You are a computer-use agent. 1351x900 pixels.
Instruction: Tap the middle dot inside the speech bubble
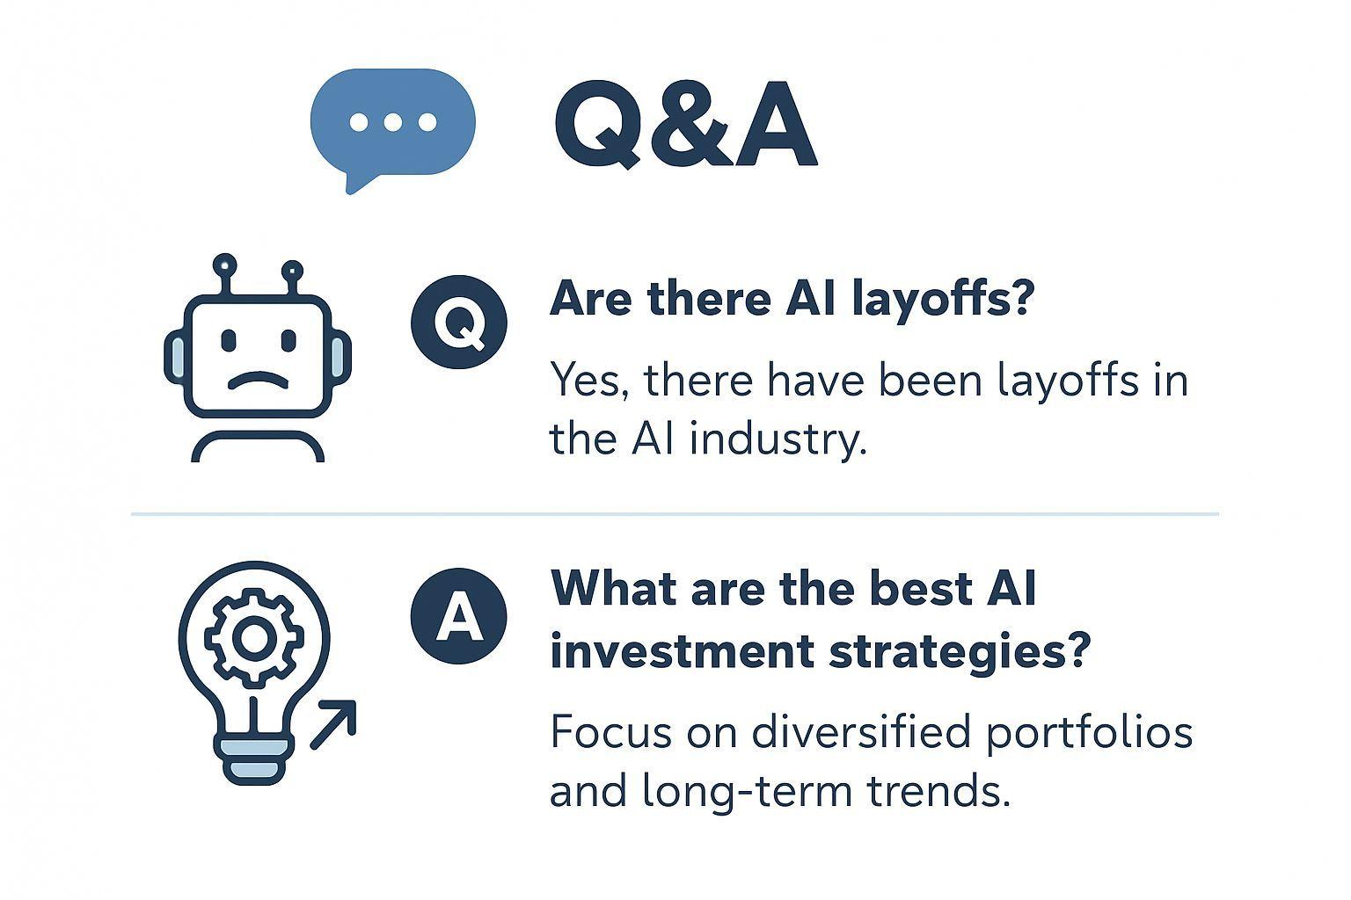(392, 122)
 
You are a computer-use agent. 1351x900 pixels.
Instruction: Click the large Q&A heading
(686, 124)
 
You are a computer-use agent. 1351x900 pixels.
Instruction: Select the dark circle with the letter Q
(459, 322)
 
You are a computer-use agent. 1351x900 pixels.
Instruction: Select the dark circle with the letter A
(459, 615)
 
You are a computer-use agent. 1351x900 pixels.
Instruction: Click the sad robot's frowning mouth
(258, 379)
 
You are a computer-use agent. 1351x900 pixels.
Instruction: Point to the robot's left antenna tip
(225, 265)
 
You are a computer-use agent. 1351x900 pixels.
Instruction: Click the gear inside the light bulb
(254, 638)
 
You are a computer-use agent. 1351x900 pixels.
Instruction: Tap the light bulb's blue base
(254, 761)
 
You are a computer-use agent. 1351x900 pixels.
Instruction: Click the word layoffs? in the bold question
(943, 300)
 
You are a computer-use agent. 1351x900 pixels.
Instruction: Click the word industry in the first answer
(778, 439)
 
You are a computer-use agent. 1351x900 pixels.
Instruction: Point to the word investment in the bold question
(681, 651)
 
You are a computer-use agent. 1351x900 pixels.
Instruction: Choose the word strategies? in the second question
(960, 653)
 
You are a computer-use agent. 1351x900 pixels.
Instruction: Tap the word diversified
(861, 732)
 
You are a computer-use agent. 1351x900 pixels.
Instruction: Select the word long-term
(747, 792)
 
